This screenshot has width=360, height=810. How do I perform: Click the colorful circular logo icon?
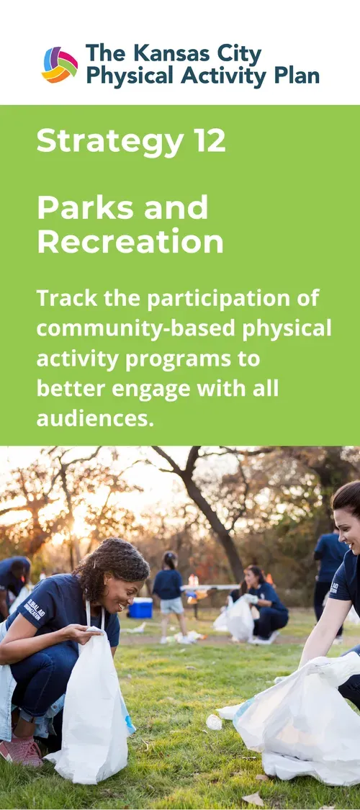click(60, 65)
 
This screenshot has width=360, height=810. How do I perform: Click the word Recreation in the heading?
click(130, 242)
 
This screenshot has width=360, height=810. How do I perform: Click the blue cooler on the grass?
click(140, 608)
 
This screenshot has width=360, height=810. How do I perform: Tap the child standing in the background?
click(170, 594)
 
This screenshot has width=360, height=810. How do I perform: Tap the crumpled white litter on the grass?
click(214, 721)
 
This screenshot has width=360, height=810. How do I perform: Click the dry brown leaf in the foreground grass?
click(253, 798)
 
